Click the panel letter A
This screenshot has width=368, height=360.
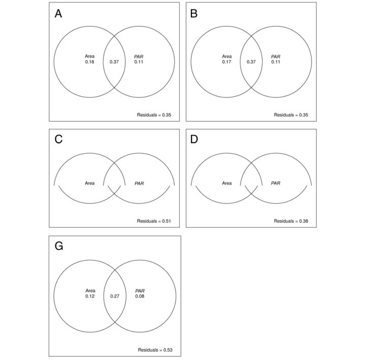coord(58,14)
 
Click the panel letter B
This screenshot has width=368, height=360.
coord(194,14)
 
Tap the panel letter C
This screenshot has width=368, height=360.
coord(59,139)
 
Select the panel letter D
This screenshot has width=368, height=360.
coord(194,139)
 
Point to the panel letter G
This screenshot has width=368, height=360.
coord(59,246)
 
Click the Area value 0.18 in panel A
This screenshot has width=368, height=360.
coord(90,62)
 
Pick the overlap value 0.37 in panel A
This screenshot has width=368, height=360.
coord(115,62)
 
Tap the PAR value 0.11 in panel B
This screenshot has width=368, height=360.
coord(276,62)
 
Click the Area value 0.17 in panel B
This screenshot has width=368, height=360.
coord(227,62)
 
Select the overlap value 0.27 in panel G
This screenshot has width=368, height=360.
coord(115,296)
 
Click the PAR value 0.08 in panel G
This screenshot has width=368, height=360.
coord(139,296)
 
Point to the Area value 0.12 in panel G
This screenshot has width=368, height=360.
coord(90,296)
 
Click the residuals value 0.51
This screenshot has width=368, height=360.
coord(166,221)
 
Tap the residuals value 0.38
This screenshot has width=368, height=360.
coord(303,221)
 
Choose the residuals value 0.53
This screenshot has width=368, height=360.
coord(168,350)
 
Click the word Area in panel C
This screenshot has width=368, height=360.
coord(90,183)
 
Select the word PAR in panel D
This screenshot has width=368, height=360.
coord(276,183)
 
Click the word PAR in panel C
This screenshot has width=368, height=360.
coord(139,183)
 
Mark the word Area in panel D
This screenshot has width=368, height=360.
coord(227,183)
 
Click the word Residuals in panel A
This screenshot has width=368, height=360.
coord(147,115)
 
